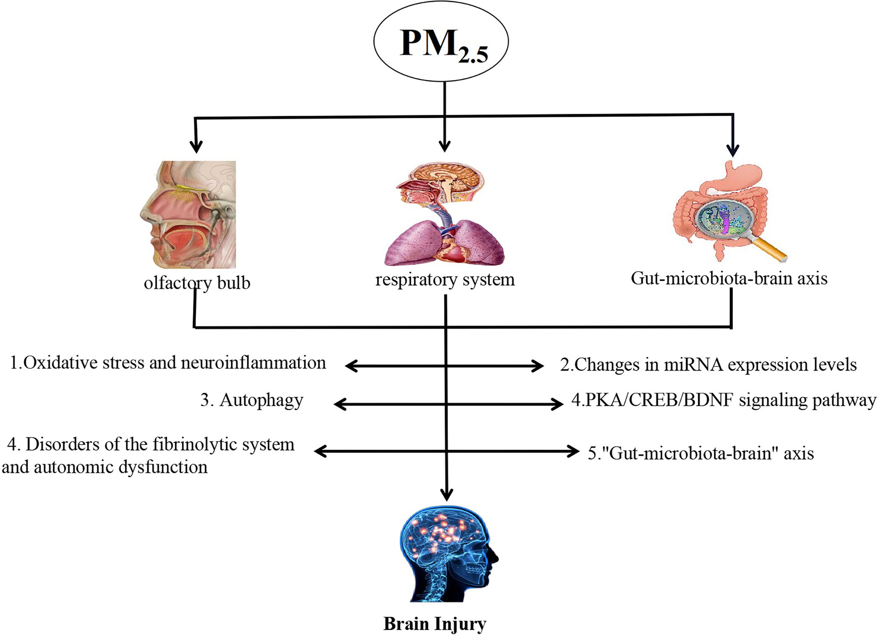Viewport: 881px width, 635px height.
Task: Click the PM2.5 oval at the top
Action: pos(440,42)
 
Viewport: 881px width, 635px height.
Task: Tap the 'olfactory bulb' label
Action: pos(197,283)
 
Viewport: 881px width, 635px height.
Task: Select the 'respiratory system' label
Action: pos(445,280)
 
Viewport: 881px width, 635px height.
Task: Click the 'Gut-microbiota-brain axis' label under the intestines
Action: pos(729,278)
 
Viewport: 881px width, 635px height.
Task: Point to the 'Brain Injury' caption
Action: pos(434,623)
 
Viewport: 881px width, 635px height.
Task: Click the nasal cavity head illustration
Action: pos(189,214)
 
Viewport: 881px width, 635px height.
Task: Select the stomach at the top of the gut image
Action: pos(741,177)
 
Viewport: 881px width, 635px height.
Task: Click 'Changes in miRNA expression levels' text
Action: pos(708,365)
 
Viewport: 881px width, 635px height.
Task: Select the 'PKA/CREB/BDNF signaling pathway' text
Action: pos(723,400)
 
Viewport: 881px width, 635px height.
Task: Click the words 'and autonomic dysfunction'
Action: pos(105,467)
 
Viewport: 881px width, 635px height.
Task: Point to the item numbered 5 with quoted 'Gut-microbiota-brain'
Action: pos(701,453)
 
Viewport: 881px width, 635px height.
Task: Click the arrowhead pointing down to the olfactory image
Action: pos(196,146)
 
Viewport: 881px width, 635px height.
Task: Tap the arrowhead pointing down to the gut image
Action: pos(733,150)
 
